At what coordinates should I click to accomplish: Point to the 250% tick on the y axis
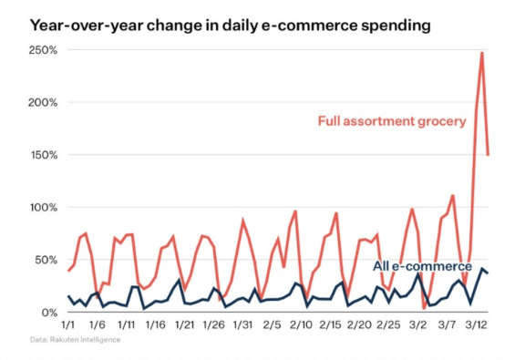pyautogui.click(x=44, y=49)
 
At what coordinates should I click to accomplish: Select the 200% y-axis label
pyautogui.click(x=44, y=102)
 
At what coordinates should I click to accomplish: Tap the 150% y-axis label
pyautogui.click(x=44, y=155)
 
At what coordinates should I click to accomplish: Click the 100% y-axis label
pyautogui.click(x=44, y=208)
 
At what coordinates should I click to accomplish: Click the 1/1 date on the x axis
pyautogui.click(x=67, y=324)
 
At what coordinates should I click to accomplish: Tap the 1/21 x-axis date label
pyautogui.click(x=184, y=324)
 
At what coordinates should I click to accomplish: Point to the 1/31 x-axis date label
pyautogui.click(x=242, y=324)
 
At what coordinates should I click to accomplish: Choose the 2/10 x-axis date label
pyautogui.click(x=301, y=324)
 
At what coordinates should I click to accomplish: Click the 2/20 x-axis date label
pyautogui.click(x=359, y=324)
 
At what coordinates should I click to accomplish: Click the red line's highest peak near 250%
pyautogui.click(x=482, y=53)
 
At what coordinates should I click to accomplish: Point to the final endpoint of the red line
pyautogui.click(x=489, y=154)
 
